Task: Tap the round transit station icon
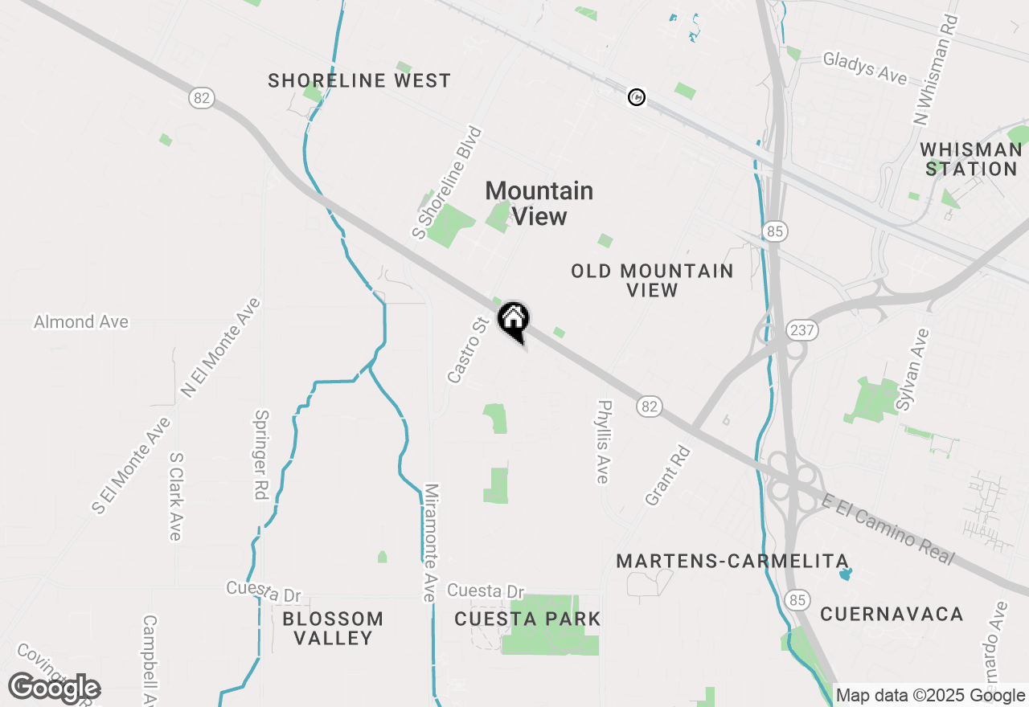point(636,97)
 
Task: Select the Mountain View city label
point(539,203)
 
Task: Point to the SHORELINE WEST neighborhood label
point(359,81)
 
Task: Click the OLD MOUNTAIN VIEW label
point(652,280)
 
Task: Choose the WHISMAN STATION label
point(971,159)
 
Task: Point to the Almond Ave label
point(80,322)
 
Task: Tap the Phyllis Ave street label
point(603,442)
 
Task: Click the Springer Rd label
point(260,455)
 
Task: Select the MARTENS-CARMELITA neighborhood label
point(732,562)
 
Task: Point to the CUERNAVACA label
point(892,615)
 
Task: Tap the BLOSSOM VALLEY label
point(333,628)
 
